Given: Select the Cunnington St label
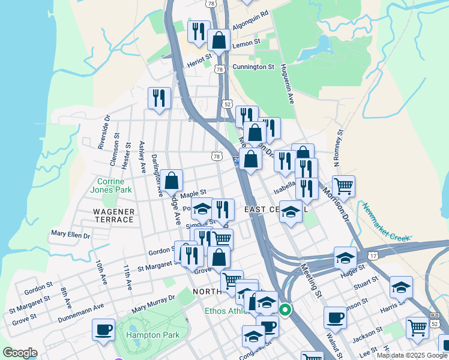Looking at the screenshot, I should (253, 67).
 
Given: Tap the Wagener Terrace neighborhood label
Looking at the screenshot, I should (113, 215).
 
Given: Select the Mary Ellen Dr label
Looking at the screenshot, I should (70, 233).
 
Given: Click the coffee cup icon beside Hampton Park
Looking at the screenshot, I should (103, 329).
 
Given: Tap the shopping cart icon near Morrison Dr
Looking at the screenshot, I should (343, 186).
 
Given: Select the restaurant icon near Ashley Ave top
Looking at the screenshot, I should (159, 98).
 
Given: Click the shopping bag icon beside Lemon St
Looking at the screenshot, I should (219, 40).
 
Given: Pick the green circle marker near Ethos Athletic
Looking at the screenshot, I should (286, 310).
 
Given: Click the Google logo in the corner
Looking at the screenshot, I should (20, 353).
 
